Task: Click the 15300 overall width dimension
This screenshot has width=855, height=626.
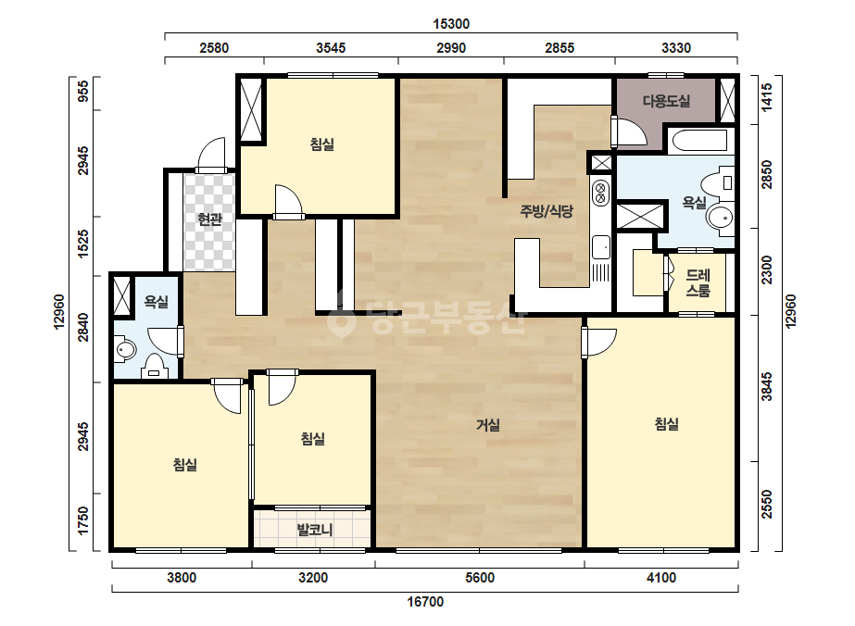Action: (451, 24)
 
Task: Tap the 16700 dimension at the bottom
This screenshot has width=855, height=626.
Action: (425, 602)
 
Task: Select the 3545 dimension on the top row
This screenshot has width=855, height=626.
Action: (331, 48)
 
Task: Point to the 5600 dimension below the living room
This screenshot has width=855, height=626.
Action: (480, 578)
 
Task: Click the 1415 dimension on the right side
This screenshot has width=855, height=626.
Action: (767, 97)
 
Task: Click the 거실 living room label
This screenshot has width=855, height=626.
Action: (488, 425)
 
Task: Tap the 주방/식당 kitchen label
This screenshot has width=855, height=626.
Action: (547, 211)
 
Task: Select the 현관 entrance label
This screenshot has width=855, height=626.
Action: (210, 219)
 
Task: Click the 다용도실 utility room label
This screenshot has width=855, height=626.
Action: (666, 101)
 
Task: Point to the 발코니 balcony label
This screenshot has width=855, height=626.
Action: (315, 530)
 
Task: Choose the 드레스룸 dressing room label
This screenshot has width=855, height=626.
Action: (698, 283)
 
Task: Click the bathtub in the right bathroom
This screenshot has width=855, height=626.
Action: (700, 142)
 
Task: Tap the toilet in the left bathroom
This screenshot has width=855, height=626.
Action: (155, 367)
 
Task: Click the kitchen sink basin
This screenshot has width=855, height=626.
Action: (601, 247)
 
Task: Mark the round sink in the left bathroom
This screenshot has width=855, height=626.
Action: (125, 349)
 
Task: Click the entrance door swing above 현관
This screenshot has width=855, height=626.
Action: (210, 154)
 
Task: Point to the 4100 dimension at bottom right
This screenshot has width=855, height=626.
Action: (660, 578)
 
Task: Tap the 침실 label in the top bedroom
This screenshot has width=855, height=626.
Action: (321, 144)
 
